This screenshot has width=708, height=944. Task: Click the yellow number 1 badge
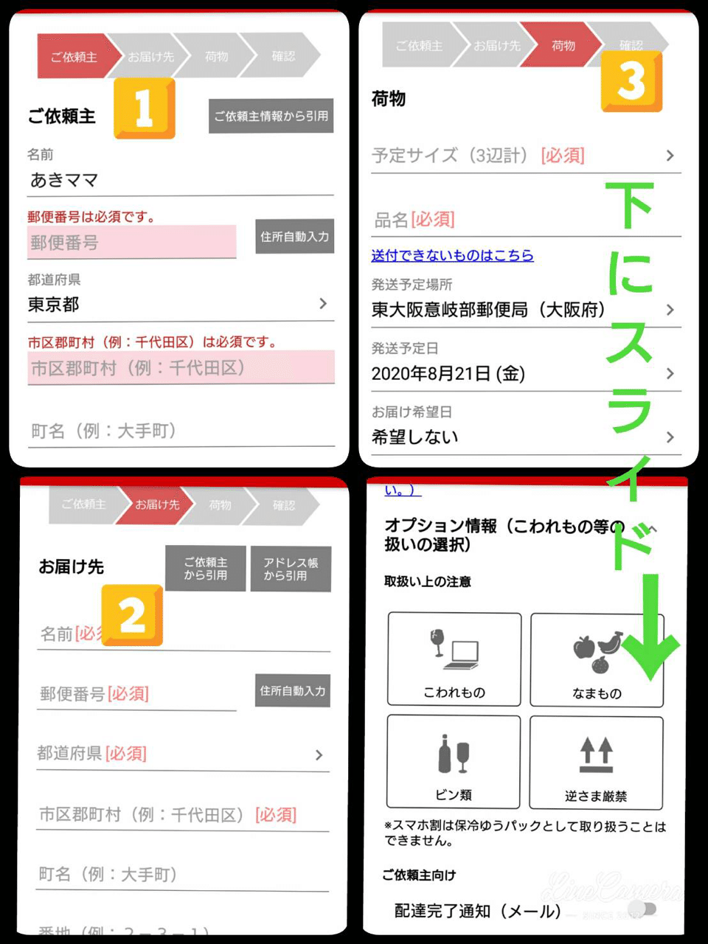click(x=145, y=108)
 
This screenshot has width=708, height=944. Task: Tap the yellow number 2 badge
click(x=132, y=614)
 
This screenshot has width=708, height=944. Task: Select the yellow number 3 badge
click(x=631, y=80)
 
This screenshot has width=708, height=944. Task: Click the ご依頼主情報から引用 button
click(x=271, y=116)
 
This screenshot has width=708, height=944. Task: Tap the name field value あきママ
click(x=64, y=180)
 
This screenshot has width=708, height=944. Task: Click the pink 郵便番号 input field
click(x=131, y=243)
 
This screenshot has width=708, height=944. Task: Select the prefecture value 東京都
click(x=54, y=305)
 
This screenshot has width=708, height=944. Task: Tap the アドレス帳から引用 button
click(x=291, y=569)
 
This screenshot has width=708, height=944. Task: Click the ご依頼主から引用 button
click(x=206, y=569)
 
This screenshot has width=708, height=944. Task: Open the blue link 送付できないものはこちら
click(x=452, y=255)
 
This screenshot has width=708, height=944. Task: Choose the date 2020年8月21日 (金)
click(x=448, y=374)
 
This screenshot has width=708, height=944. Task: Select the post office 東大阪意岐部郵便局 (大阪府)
click(x=488, y=310)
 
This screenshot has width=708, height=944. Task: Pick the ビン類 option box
click(x=454, y=762)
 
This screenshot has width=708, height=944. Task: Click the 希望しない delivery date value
click(x=415, y=437)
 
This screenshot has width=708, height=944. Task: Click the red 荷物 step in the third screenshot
click(x=563, y=46)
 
